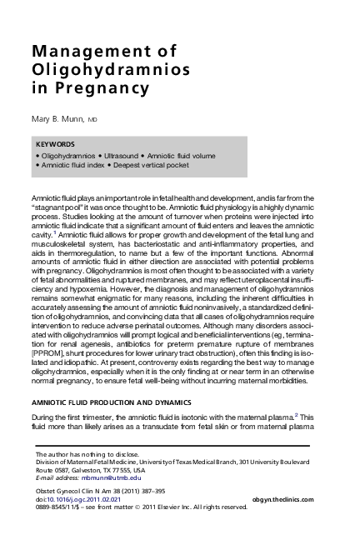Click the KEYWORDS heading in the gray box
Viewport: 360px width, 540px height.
tap(57, 143)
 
